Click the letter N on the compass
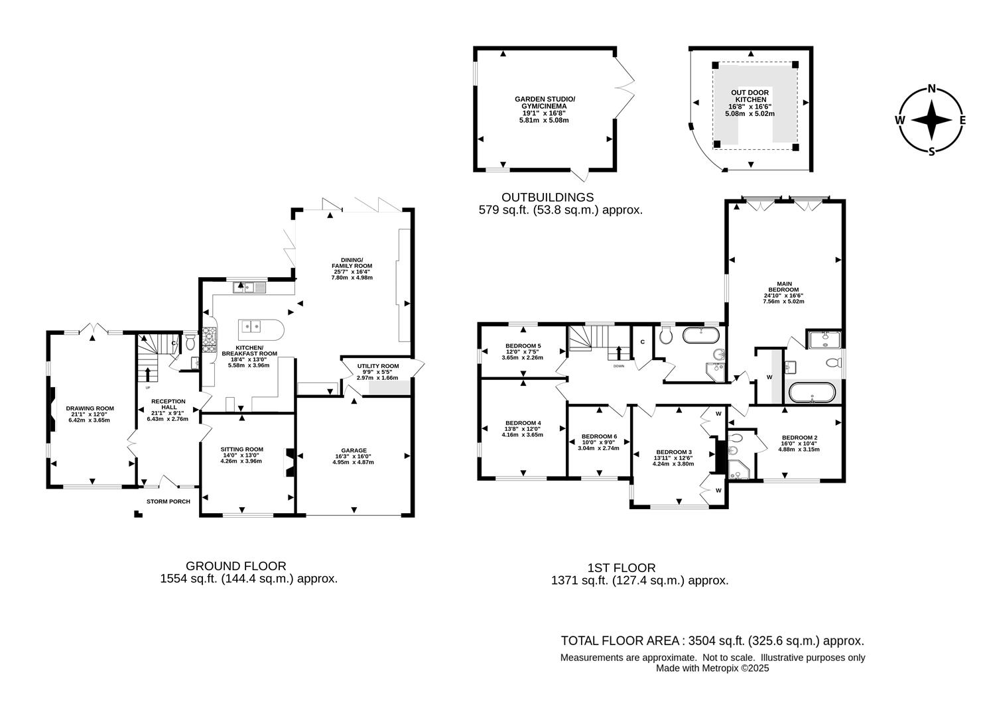pyautogui.click(x=931, y=89)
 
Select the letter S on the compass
pyautogui.click(x=931, y=151)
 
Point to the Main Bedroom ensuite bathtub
pyautogui.click(x=812, y=392)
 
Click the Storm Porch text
pyautogui.click(x=168, y=501)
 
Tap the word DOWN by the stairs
pyautogui.click(x=618, y=366)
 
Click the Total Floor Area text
pyautogui.click(x=712, y=641)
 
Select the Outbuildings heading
pyautogui.click(x=547, y=198)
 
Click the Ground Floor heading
pyautogui.click(x=235, y=566)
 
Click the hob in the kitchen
pyautogui.click(x=210, y=339)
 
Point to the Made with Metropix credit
pyautogui.click(x=712, y=668)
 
